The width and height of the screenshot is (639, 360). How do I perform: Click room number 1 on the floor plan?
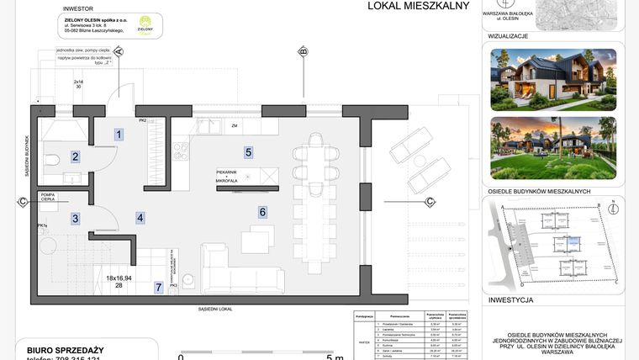point(119,134)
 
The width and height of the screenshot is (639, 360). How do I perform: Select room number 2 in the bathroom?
point(75,156)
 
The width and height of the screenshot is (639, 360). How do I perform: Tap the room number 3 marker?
point(75,219)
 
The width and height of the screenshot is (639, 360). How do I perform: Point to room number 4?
point(140,218)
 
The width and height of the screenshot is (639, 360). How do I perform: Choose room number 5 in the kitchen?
point(248,152)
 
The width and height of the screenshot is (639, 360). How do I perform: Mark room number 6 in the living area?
point(262,212)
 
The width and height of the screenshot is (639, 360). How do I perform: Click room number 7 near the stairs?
point(158,288)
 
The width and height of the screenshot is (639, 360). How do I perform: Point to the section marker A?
point(119,52)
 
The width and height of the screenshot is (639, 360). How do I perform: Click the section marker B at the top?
point(303,52)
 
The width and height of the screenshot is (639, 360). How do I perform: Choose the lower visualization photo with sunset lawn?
point(552,147)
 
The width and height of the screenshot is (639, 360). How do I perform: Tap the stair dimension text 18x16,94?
point(119,278)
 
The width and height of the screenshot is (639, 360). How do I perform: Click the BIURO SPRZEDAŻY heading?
point(59,349)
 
